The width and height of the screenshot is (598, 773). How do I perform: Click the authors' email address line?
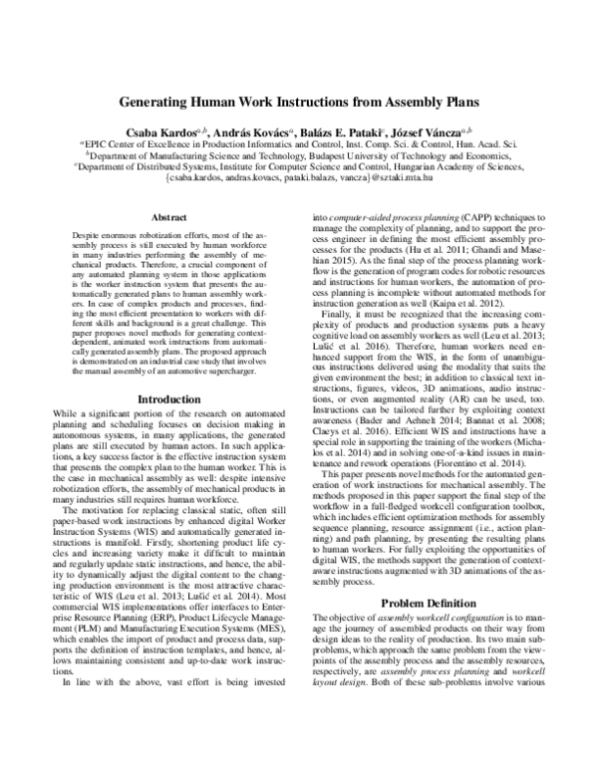299,180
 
